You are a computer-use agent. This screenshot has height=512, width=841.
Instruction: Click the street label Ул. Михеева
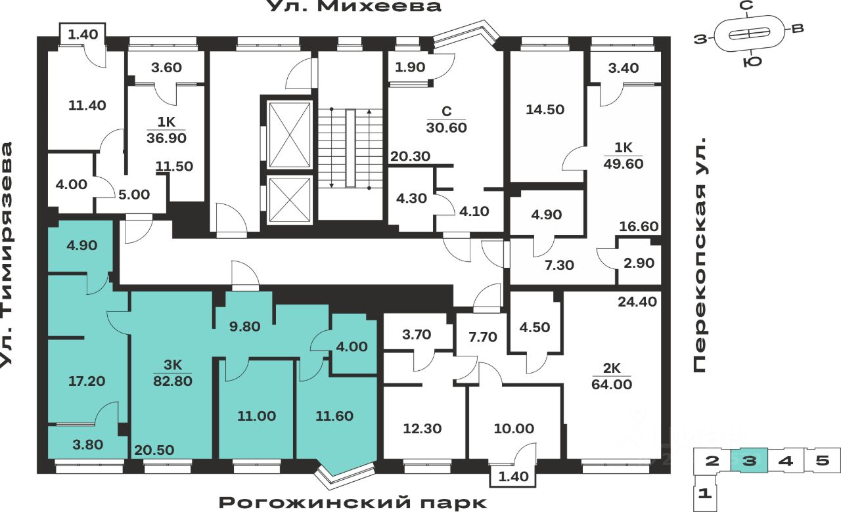coord(344,7)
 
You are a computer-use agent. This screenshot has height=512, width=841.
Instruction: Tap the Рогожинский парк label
coord(353,503)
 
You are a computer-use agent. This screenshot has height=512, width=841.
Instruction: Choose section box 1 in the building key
coord(704,492)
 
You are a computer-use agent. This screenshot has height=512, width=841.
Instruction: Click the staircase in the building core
coord(350,148)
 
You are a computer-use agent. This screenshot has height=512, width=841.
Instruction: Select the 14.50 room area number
coord(545,110)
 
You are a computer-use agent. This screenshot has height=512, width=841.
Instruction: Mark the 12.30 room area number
coord(422,429)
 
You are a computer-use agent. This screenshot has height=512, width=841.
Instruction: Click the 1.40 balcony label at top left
coord(82,34)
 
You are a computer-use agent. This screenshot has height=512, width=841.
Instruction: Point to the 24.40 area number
coord(637,302)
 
